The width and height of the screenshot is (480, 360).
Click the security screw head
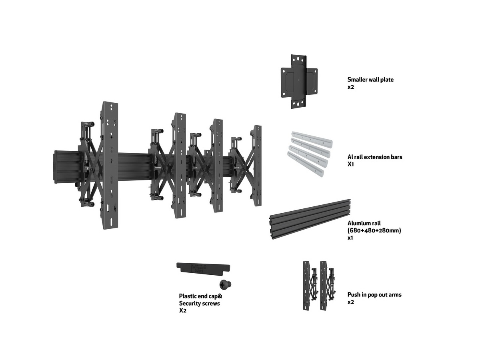(225, 284)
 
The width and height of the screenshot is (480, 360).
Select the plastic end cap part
(203, 268)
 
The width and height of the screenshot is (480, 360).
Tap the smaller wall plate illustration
(299, 82)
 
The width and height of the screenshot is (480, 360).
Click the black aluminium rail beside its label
(310, 219)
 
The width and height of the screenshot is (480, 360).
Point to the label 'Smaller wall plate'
(370, 80)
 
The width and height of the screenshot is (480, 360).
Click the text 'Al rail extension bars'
(374, 157)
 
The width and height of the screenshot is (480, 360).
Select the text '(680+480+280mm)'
(374, 230)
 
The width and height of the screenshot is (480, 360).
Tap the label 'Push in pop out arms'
(374, 295)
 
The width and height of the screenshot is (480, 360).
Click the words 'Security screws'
(200, 303)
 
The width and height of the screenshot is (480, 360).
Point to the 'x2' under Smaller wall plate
(350, 87)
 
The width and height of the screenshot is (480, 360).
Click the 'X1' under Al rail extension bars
(350, 164)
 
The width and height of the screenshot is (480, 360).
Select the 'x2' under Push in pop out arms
(350, 302)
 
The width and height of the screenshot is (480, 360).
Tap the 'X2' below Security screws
(182, 310)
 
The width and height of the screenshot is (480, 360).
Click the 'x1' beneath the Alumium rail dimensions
(350, 238)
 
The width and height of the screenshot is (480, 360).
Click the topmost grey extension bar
(312, 139)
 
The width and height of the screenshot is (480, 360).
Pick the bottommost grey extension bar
(305, 164)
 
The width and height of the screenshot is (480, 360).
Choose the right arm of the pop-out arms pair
(327, 285)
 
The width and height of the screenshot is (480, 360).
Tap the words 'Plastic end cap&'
(200, 296)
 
